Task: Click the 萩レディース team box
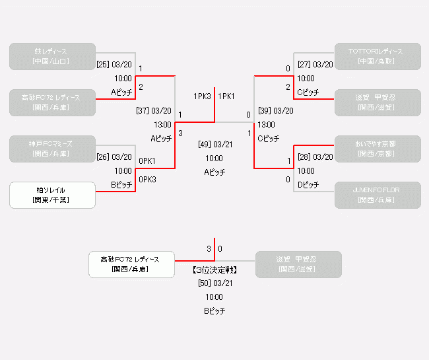click(52, 56)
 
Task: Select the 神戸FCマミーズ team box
click(52, 149)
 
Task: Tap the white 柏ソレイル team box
click(52, 195)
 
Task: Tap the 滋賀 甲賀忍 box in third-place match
click(298, 264)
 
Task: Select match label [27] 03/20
click(315, 65)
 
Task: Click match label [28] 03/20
click(315, 157)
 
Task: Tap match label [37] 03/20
click(154, 111)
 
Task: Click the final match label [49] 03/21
click(214, 144)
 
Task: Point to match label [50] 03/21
click(214, 283)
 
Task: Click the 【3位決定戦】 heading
click(214, 270)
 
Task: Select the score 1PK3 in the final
click(202, 96)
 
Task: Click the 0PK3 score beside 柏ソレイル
click(147, 180)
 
